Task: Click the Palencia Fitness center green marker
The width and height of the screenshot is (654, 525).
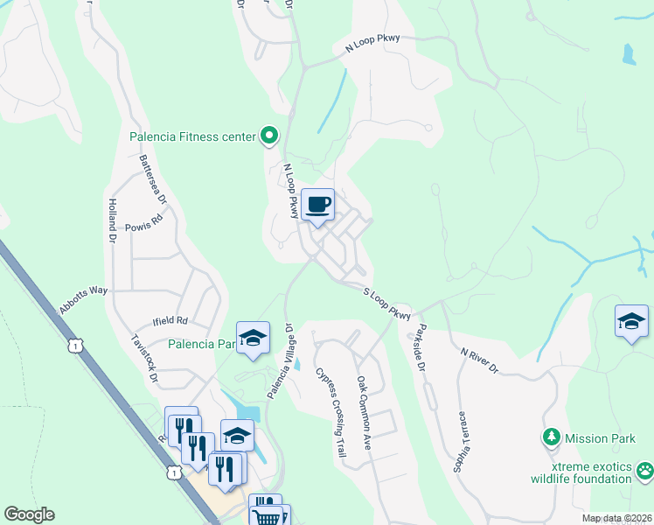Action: [269, 136]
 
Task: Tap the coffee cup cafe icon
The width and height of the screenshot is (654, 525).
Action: [317, 205]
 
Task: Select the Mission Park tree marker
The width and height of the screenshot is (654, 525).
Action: [551, 436]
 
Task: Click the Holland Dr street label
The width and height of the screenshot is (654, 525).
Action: [112, 220]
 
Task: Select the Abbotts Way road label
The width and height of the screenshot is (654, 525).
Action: [83, 296]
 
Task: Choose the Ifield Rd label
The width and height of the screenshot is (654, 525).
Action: [170, 321]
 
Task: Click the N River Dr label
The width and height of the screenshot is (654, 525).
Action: [478, 359]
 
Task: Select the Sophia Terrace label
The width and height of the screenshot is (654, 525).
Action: [460, 443]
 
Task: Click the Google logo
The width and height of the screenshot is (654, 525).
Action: [29, 514]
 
